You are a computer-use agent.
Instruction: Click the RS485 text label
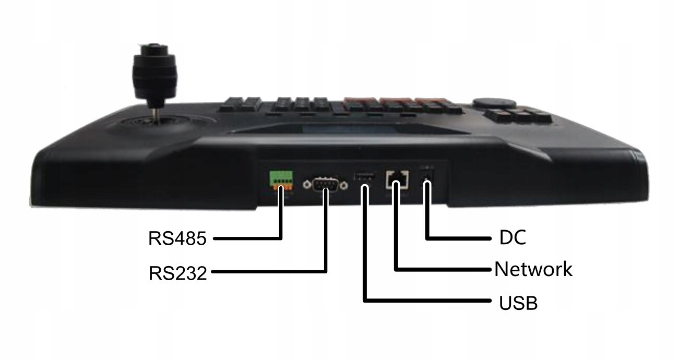point(177,238)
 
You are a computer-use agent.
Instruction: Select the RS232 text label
point(177,272)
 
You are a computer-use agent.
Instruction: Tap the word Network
point(533,269)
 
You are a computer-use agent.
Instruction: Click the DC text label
point(513,237)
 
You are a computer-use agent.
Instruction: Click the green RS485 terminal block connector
point(281,181)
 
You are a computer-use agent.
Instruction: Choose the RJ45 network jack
point(397,180)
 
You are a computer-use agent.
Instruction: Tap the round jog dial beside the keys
point(487,102)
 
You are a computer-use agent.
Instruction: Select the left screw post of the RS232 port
point(308,184)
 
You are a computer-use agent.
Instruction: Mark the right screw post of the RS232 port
point(344,184)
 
